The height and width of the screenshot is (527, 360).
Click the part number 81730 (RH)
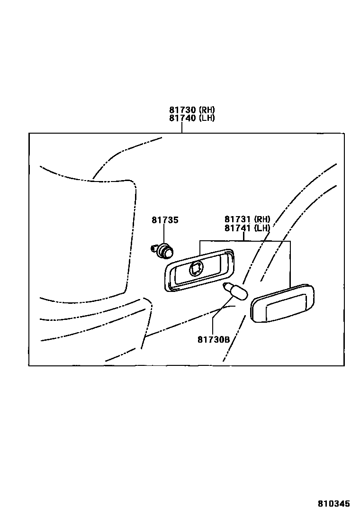(192, 110)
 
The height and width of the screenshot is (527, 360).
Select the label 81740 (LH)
(192, 118)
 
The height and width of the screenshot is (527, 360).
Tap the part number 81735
(165, 220)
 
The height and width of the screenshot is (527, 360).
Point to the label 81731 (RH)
(247, 219)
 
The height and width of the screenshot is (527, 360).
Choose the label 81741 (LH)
(247, 228)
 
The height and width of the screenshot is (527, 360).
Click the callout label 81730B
(214, 339)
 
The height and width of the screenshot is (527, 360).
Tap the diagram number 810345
(333, 504)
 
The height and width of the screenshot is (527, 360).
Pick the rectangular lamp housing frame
(199, 270)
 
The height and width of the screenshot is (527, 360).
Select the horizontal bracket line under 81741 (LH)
(245, 241)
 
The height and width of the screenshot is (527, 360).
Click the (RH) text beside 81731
(262, 219)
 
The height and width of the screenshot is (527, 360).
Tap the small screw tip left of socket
(153, 247)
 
